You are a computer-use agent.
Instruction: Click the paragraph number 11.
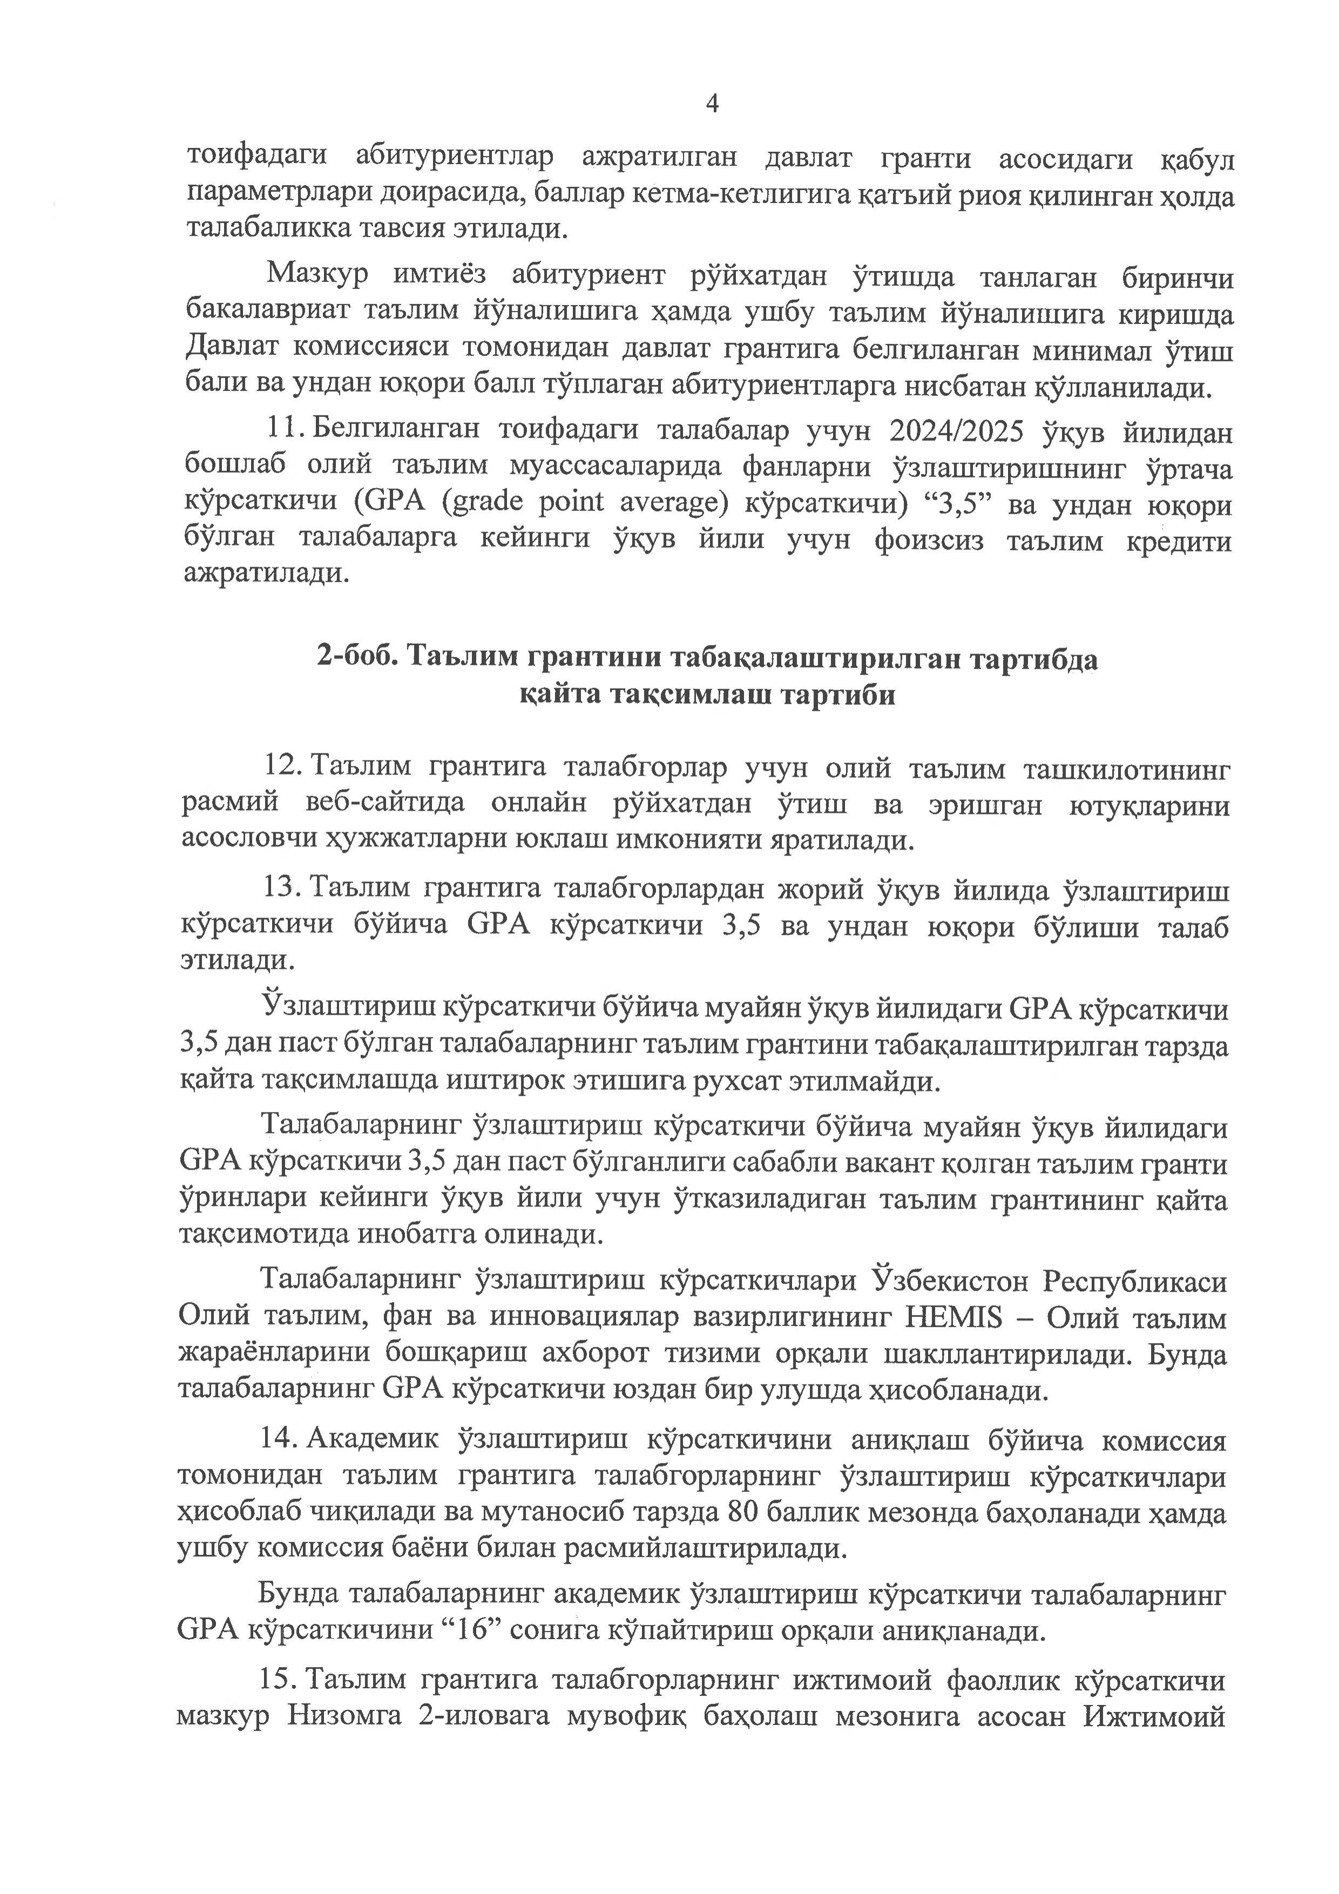click(x=283, y=430)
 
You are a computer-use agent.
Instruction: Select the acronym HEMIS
click(x=955, y=1317)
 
